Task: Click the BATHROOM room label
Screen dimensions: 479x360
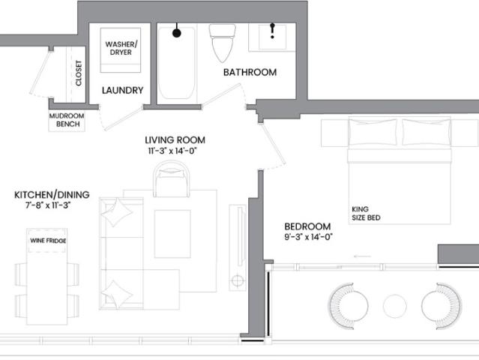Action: click(250, 73)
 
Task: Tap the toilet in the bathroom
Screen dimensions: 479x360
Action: click(223, 43)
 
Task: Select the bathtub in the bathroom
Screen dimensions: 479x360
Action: click(177, 63)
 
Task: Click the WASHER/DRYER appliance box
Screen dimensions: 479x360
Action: click(121, 50)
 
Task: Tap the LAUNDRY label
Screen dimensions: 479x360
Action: click(122, 91)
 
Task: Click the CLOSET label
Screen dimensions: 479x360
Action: click(79, 73)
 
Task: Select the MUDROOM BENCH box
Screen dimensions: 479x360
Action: click(67, 120)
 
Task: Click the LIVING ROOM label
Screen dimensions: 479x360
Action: click(175, 140)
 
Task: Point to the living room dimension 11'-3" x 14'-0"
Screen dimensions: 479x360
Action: click(172, 151)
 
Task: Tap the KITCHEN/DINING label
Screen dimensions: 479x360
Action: click(52, 195)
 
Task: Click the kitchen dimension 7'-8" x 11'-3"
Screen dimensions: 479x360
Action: click(48, 205)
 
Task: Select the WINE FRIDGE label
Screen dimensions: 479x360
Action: click(48, 241)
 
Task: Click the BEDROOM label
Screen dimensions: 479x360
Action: click(307, 226)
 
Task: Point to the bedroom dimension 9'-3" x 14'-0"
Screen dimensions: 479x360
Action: click(308, 237)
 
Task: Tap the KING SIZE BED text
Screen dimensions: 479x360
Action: click(366, 214)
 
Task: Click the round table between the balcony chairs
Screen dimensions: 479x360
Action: click(395, 306)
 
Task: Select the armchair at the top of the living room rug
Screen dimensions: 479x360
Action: click(172, 179)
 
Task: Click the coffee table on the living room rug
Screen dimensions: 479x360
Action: click(172, 234)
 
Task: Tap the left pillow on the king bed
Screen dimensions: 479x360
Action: click(373, 132)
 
